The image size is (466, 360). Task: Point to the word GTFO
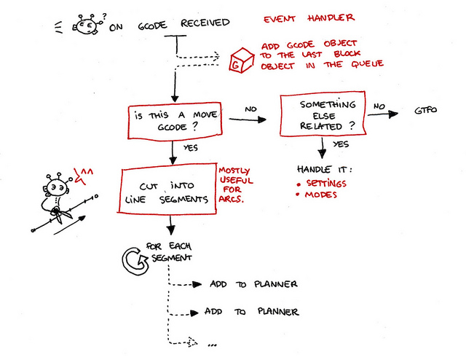[425, 111]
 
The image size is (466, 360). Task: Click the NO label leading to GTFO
[379, 106]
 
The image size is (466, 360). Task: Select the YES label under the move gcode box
[191, 148]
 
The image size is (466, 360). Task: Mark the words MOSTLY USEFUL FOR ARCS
[233, 185]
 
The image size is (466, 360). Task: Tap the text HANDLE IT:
[320, 169]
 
